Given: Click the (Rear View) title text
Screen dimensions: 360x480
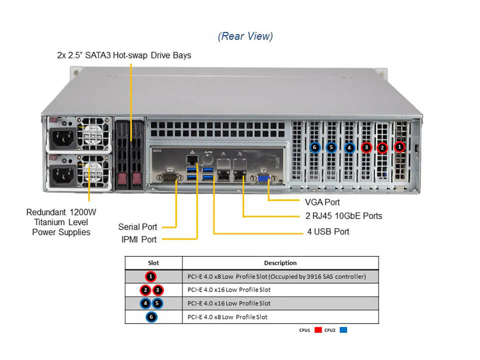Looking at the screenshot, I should pyautogui.click(x=245, y=36).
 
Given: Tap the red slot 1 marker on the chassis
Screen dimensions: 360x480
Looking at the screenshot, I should pyautogui.click(x=399, y=147).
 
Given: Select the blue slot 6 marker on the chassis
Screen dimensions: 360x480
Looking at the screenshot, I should pyautogui.click(x=314, y=147).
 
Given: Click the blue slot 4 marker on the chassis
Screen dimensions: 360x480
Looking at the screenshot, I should pyautogui.click(x=349, y=147).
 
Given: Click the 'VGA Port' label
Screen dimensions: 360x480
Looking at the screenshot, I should pyautogui.click(x=322, y=202).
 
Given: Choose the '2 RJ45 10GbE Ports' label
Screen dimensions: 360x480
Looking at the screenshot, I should pyautogui.click(x=343, y=216).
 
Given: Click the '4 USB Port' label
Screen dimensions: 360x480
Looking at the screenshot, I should pyautogui.click(x=328, y=231).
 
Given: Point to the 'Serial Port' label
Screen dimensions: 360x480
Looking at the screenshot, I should pyautogui.click(x=137, y=227).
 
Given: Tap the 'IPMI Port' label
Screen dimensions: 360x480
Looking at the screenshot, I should pyautogui.click(x=138, y=239).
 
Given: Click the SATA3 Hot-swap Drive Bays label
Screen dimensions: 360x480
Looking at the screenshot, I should pyautogui.click(x=124, y=55).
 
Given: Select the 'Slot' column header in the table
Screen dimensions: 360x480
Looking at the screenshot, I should pyautogui.click(x=153, y=262).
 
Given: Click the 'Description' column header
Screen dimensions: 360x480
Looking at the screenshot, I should pyautogui.click(x=280, y=262).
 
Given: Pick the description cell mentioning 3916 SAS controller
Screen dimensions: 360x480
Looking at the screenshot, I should pyautogui.click(x=276, y=276).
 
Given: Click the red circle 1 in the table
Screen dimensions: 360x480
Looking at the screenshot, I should pyautogui.click(x=151, y=276).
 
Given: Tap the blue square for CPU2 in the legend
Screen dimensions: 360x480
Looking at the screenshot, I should pyautogui.click(x=343, y=330).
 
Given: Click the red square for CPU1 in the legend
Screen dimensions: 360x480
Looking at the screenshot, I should pyautogui.click(x=318, y=330).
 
